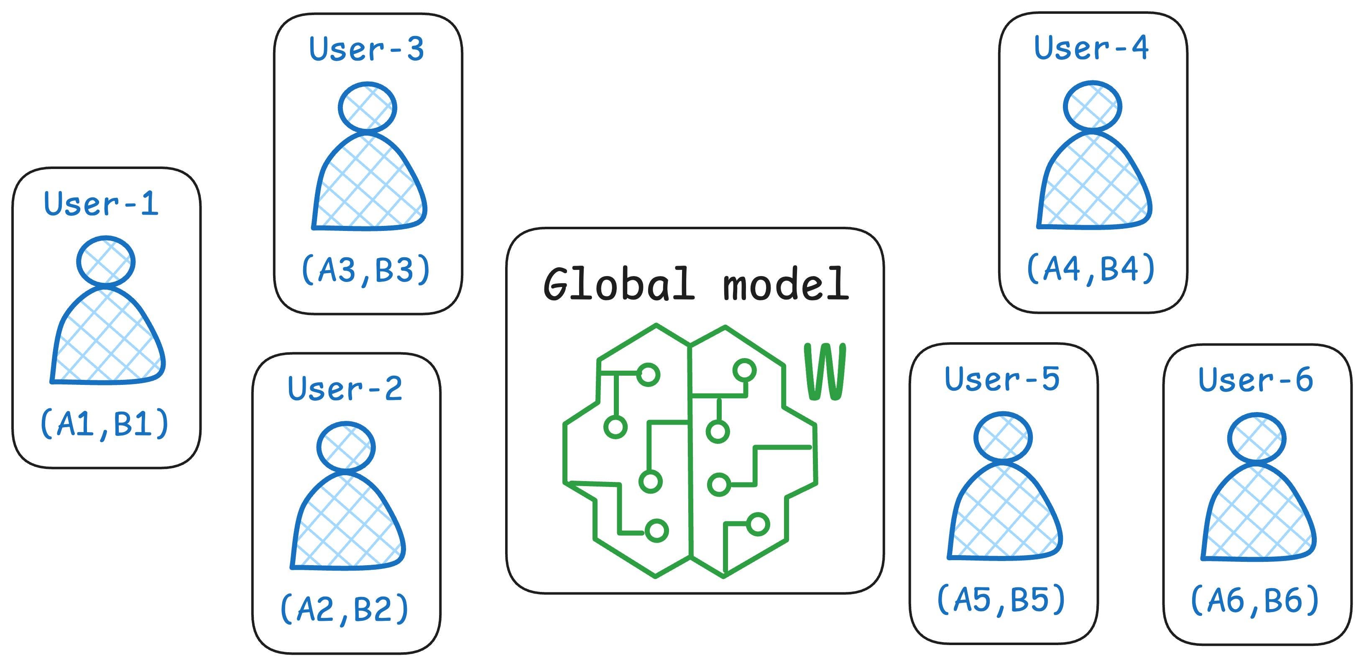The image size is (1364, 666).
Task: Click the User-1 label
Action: [101, 204]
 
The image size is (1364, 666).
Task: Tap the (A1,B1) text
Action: [104, 424]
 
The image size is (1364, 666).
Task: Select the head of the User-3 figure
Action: [368, 107]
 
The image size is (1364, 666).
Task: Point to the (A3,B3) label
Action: [366, 270]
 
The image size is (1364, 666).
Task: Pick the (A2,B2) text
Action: [345, 609]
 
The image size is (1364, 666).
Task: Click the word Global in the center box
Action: [618, 284]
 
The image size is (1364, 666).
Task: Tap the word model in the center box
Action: [786, 284]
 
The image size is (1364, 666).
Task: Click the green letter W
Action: [825, 372]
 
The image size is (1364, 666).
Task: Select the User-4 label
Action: [1091, 48]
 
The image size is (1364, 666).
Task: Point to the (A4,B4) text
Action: [1091, 269]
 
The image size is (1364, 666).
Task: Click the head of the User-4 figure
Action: [1092, 106]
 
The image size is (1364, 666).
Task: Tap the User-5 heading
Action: [1002, 379]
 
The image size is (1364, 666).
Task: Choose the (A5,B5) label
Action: [1001, 600]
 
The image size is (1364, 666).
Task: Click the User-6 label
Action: [1256, 380]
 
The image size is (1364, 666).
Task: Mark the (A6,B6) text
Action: [1255, 601]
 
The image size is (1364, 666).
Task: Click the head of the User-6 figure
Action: [1257, 438]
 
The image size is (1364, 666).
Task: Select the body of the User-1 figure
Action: [107, 339]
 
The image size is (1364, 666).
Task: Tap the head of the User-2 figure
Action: [346, 447]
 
